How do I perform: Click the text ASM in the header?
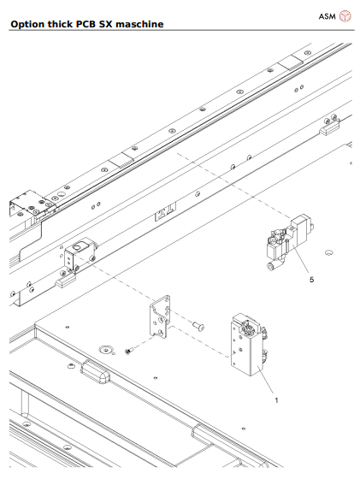(x=328, y=15)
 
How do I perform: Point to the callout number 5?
(x=310, y=279)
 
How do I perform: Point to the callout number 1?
(x=275, y=399)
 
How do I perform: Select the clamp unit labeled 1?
(x=245, y=345)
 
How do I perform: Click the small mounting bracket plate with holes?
(x=161, y=316)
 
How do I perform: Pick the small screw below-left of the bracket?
(x=129, y=350)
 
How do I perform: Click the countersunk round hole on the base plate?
(x=106, y=349)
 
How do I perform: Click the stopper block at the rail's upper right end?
(x=331, y=131)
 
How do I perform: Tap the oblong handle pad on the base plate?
(x=95, y=370)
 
